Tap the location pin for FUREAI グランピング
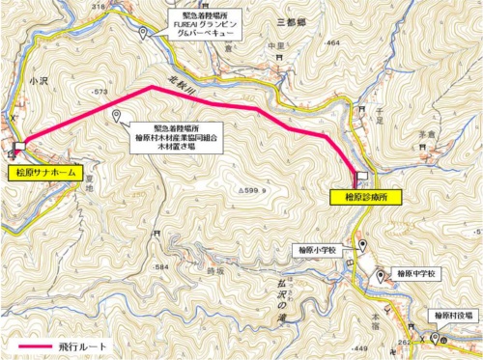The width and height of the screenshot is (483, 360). pyautogui.click(x=143, y=34)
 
